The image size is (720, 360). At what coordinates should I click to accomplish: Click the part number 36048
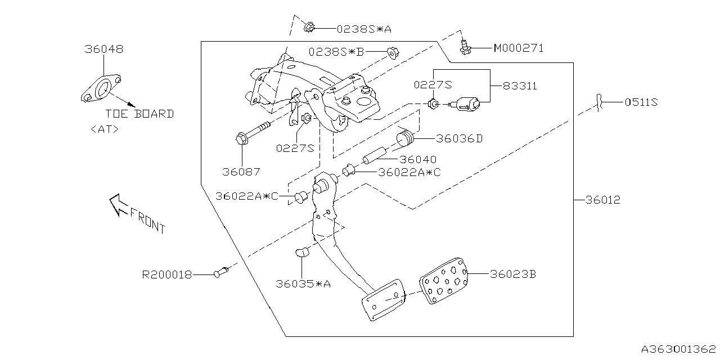104,49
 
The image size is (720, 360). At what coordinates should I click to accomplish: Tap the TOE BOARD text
139,114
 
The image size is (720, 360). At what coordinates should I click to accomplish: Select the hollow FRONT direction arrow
119,204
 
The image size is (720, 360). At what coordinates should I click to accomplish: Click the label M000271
519,48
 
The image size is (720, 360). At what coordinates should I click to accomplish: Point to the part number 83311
519,86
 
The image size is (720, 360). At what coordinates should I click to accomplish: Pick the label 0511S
641,102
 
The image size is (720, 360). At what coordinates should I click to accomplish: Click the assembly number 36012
602,200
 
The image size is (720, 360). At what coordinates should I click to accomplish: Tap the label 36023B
513,274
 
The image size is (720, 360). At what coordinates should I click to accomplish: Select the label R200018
167,275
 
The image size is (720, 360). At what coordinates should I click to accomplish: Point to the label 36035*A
303,284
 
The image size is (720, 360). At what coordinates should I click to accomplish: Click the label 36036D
459,139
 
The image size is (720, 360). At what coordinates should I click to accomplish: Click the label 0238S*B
336,52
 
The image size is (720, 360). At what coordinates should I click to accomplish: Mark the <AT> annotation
105,129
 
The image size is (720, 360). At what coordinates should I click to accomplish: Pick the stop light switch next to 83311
467,103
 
